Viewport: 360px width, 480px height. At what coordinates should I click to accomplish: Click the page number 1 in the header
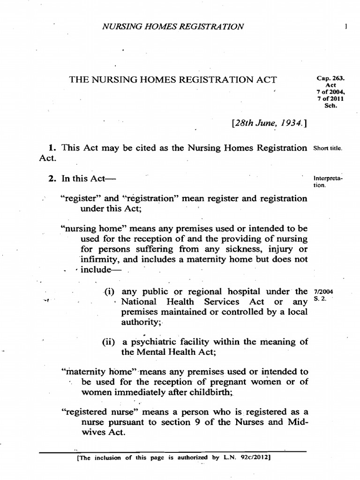(345, 27)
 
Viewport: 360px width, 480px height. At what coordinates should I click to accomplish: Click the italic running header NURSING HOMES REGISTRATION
(173, 27)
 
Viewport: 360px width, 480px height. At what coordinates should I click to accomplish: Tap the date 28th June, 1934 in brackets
(269, 123)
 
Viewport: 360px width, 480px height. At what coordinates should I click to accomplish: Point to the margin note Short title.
(328, 149)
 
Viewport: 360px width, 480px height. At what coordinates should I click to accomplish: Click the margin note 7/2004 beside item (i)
(321, 292)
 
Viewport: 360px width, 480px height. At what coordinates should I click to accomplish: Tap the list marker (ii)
(109, 342)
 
